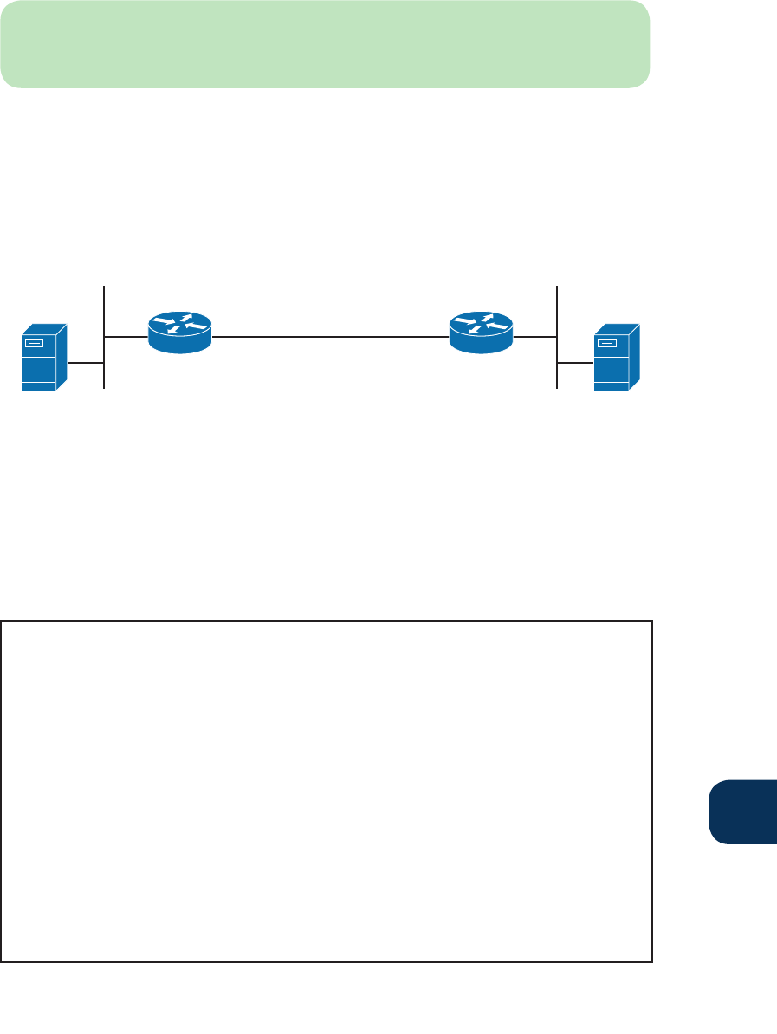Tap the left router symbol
[179, 333]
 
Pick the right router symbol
[482, 333]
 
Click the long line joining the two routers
[329, 334]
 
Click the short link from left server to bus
[85, 364]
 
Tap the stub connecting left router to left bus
[126, 334]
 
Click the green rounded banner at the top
[325, 43]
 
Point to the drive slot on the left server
[34, 345]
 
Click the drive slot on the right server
[609, 343]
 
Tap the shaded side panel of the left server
[62, 357]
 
